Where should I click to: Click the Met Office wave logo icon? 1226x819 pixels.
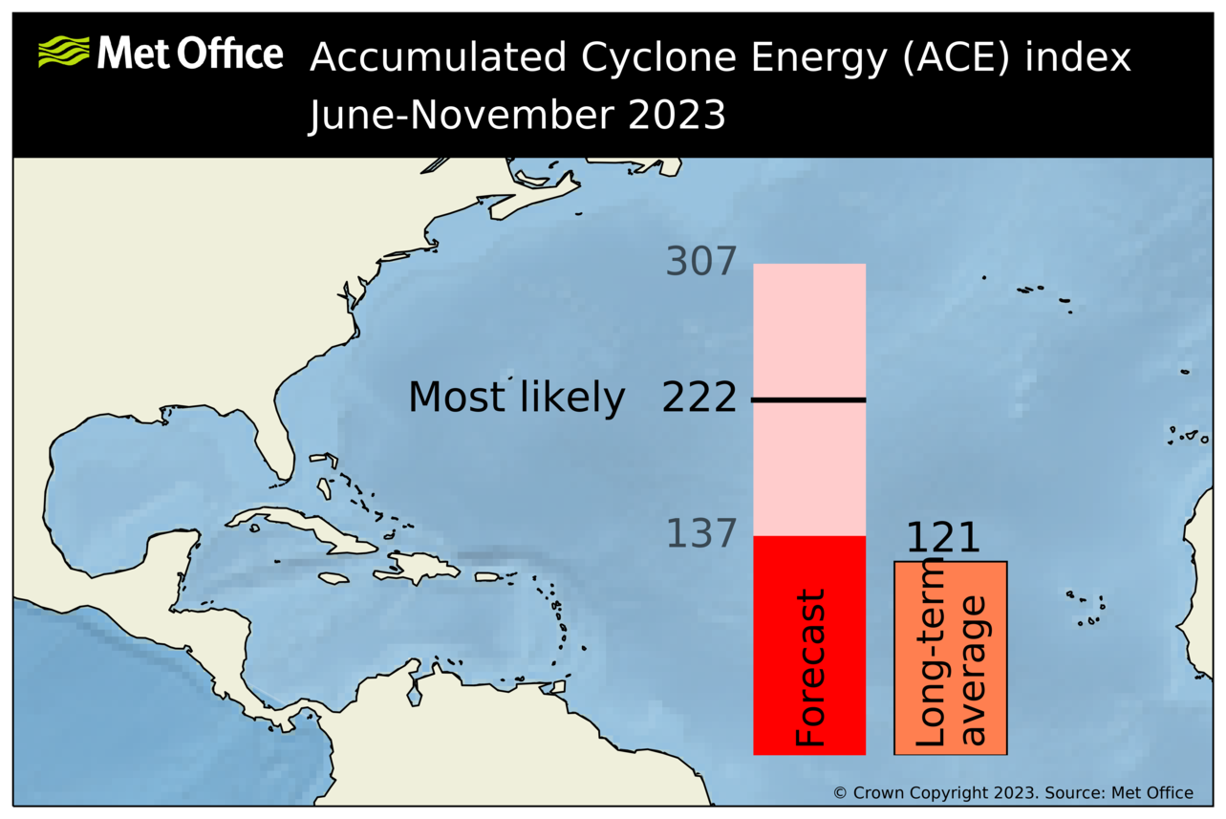[63, 52]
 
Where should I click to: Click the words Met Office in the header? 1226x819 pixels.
[190, 54]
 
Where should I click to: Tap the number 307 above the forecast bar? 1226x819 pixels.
[701, 262]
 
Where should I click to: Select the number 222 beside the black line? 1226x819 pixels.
[699, 398]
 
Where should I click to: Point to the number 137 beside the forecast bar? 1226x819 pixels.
[701, 534]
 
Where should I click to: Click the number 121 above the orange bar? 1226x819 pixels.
[942, 539]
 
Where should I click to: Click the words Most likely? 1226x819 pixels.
[516, 398]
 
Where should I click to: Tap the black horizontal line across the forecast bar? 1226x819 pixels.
[808, 399]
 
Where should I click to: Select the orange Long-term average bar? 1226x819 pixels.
[950, 657]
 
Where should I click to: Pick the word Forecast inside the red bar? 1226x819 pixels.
[810, 669]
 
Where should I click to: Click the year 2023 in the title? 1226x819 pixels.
[677, 117]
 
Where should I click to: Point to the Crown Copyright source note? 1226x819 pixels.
[1013, 793]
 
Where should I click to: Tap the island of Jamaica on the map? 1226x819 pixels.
[333, 578]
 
